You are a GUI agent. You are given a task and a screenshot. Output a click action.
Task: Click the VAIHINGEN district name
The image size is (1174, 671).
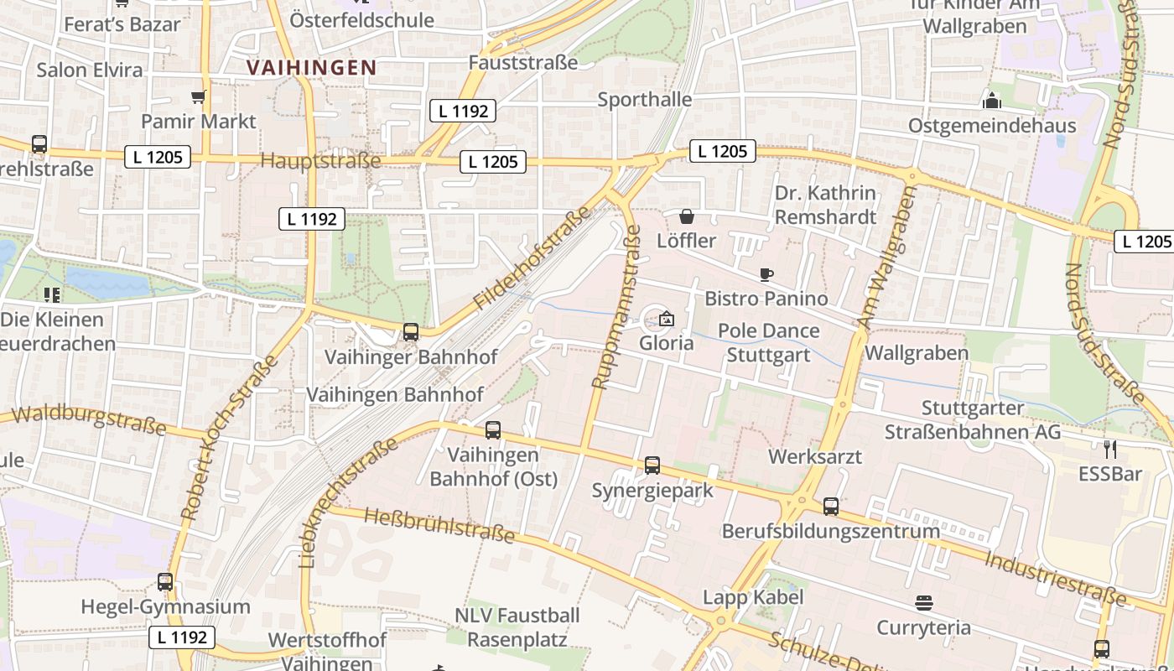pos(311,68)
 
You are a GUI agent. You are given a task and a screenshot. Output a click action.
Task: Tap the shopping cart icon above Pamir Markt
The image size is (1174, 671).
pos(198,97)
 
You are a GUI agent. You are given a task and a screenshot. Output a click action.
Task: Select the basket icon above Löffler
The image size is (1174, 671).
pos(687,216)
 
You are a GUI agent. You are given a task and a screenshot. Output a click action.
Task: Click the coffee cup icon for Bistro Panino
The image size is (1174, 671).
pos(766,274)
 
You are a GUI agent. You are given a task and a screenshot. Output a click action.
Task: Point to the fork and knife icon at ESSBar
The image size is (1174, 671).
pos(1110,450)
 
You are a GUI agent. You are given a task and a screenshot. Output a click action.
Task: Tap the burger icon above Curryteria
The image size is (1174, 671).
pos(924,603)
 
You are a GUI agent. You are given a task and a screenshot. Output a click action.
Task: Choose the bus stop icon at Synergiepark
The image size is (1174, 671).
pos(652,466)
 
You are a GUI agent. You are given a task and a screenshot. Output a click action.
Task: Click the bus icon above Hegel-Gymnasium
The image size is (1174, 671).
pos(165,582)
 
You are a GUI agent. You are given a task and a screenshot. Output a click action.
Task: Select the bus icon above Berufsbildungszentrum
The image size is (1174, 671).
pos(830,507)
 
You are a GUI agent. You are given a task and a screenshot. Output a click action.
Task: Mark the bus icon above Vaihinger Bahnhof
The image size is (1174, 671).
pos(411,332)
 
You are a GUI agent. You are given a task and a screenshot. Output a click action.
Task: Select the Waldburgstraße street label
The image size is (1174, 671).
pos(89,417)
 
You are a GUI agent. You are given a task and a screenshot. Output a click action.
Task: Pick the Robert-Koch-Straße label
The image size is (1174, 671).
pos(228,437)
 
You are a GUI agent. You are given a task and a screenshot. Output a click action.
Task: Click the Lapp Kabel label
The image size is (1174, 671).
pos(753,597)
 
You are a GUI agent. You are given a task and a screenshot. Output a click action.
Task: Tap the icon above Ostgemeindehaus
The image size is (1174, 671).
pos(992,101)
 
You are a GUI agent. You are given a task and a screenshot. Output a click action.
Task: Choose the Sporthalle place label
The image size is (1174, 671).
pos(644,100)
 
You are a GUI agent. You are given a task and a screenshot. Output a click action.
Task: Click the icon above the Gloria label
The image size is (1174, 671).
pos(667,320)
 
